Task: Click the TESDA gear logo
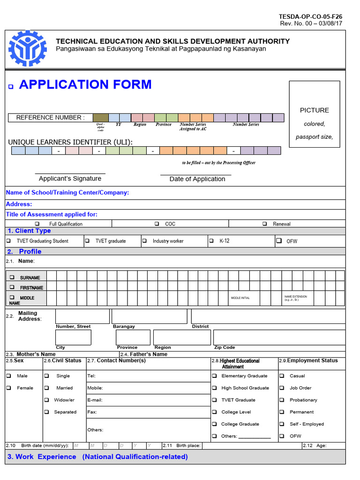pos(28,48)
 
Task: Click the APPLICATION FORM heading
pos(85,84)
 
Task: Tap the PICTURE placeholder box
pos(314,114)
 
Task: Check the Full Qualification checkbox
pos(37,224)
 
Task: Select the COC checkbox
pos(157,224)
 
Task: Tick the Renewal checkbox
pos(265,224)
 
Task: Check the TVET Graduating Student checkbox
pos(8,241)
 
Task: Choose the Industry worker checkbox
pos(145,241)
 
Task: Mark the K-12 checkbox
pos(212,241)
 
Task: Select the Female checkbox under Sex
pos(8,388)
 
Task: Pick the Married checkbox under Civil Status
pos(46,388)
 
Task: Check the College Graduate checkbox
pos(214,424)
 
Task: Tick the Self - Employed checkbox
pos(282,424)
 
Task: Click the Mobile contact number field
pos(148,388)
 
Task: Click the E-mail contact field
pos(148,400)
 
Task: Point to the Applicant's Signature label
pos(70,179)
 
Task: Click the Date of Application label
pos(197,179)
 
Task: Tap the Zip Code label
pos(225,347)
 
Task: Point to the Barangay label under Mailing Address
pos(124,326)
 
